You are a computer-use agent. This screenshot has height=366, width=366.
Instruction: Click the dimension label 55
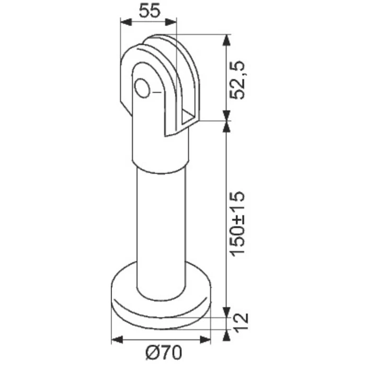point(148,10)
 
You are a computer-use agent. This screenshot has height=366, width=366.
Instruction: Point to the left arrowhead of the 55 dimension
point(124,22)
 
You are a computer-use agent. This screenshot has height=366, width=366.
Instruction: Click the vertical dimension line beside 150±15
point(226,220)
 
